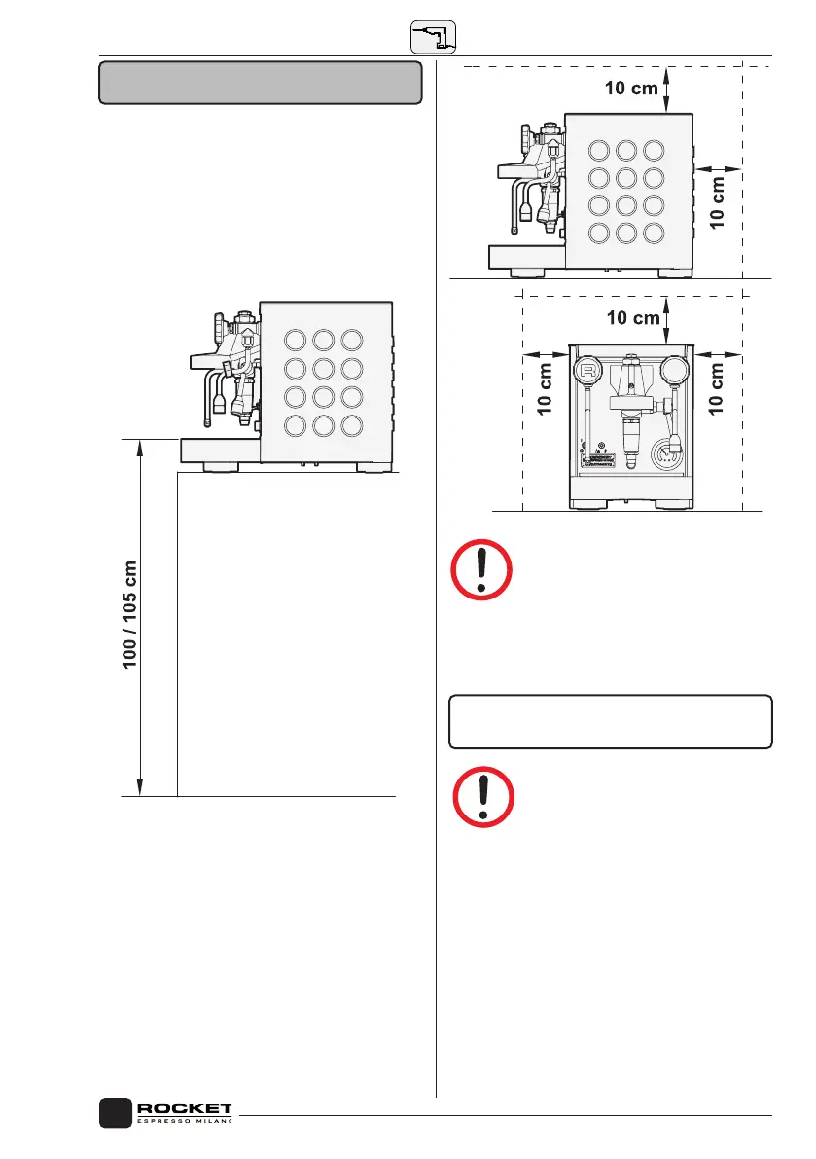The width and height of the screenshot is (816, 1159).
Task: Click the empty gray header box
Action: point(261,83)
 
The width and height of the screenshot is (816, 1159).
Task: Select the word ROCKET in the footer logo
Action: point(185,1108)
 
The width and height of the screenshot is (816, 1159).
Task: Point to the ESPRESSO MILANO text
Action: point(185,1123)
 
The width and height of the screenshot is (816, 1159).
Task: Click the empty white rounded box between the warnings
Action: point(610,721)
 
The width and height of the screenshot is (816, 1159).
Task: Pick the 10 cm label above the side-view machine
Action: point(630,89)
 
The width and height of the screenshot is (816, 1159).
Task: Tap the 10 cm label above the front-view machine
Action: point(631,317)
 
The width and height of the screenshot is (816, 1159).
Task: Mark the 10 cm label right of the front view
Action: point(718,388)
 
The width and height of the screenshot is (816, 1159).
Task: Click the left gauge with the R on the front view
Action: point(586,371)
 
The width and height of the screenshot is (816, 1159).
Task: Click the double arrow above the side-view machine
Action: point(666,89)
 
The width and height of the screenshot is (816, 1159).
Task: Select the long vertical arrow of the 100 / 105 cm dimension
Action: point(142,617)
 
